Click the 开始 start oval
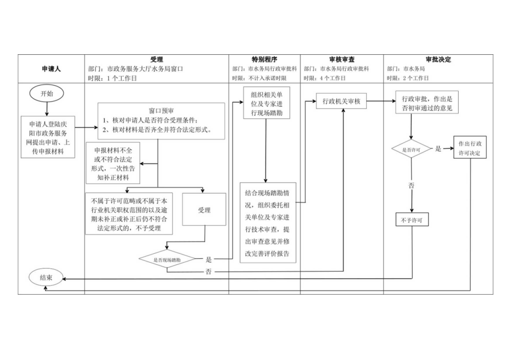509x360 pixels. click(47, 93)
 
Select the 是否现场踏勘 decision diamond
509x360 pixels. click(167, 259)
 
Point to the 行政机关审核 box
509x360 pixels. click(341, 101)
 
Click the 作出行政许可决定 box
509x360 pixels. click(470, 148)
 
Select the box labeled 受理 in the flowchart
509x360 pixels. click(204, 210)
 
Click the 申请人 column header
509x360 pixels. click(51, 69)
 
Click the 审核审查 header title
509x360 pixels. click(341, 59)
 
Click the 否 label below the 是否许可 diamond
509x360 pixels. click(411, 186)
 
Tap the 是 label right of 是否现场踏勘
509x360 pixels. click(209, 259)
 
